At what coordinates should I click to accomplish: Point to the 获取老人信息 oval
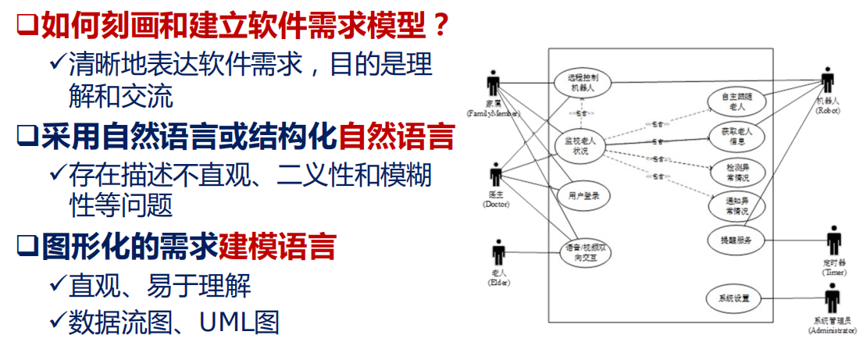click(735, 136)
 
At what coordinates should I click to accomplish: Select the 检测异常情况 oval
click(735, 171)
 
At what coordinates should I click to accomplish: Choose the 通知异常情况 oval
click(735, 205)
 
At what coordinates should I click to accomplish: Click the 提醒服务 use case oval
click(735, 240)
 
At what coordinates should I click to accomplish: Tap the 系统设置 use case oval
click(734, 298)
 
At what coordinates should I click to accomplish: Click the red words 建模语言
click(277, 248)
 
